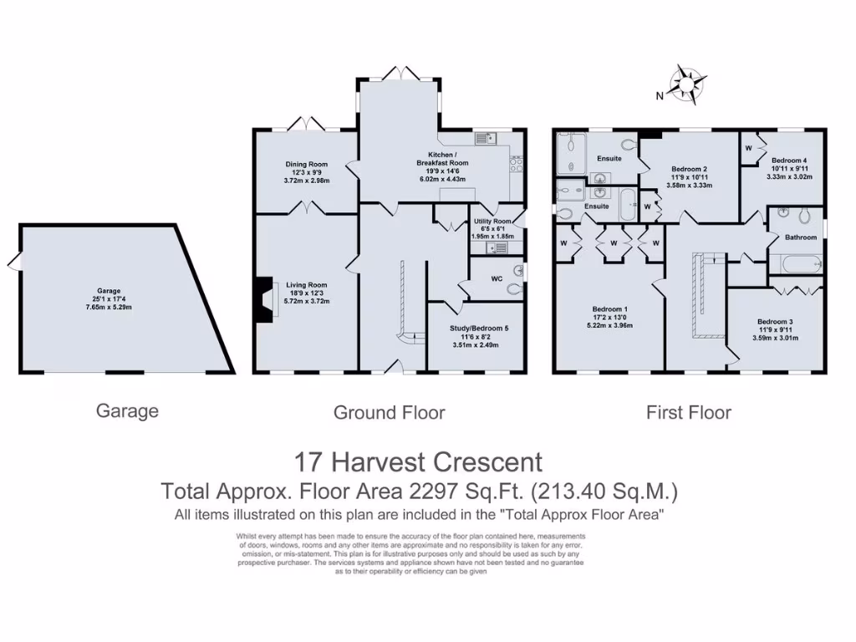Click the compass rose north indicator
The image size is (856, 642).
(x=687, y=84)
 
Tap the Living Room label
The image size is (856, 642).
(x=306, y=284)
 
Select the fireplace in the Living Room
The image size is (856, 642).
(x=265, y=299)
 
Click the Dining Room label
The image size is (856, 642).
(x=306, y=165)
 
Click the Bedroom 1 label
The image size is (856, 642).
(x=609, y=309)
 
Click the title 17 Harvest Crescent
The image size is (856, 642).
(x=418, y=461)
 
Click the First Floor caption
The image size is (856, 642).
(x=688, y=412)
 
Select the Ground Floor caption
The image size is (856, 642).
(x=389, y=412)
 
